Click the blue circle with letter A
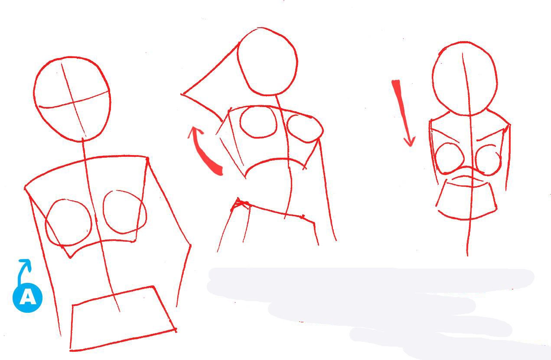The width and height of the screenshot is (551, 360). pyautogui.click(x=28, y=298)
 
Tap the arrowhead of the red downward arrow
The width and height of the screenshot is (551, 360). pyautogui.click(x=410, y=142)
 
